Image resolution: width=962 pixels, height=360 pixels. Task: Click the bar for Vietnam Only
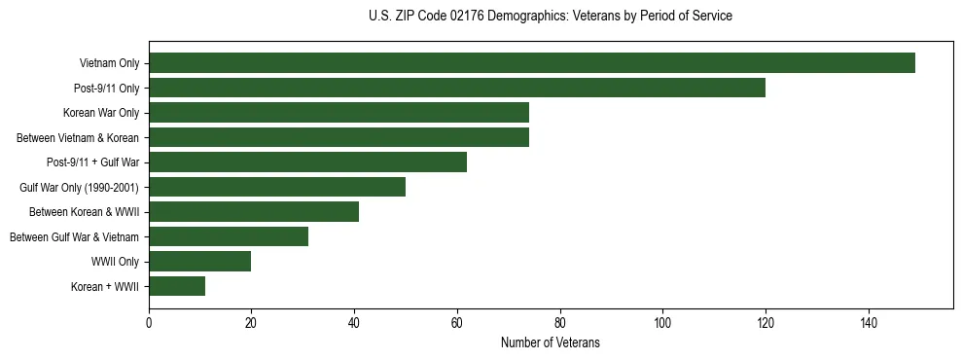click(x=532, y=63)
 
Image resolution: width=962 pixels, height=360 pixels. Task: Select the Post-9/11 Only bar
click(x=457, y=88)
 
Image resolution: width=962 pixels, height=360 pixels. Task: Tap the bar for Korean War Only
click(x=338, y=113)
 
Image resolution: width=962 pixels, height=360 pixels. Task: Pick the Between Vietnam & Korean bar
click(x=338, y=137)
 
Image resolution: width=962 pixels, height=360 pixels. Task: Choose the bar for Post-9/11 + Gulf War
click(x=307, y=162)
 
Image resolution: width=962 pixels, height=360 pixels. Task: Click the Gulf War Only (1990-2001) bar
click(x=277, y=187)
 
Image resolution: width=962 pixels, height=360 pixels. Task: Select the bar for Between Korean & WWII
click(x=254, y=212)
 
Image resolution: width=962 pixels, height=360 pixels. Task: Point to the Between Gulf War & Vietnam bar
click(x=229, y=236)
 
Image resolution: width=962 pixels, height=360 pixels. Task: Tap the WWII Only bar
click(x=200, y=262)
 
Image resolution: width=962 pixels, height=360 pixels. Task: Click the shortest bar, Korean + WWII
click(x=177, y=286)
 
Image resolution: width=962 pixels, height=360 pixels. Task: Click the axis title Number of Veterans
click(x=551, y=343)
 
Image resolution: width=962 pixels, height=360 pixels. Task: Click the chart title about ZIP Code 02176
click(x=551, y=17)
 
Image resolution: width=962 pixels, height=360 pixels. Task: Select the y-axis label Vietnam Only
click(x=109, y=63)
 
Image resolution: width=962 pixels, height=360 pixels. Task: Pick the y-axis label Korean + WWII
click(x=105, y=287)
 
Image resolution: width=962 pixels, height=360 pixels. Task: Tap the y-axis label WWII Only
click(x=115, y=262)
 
